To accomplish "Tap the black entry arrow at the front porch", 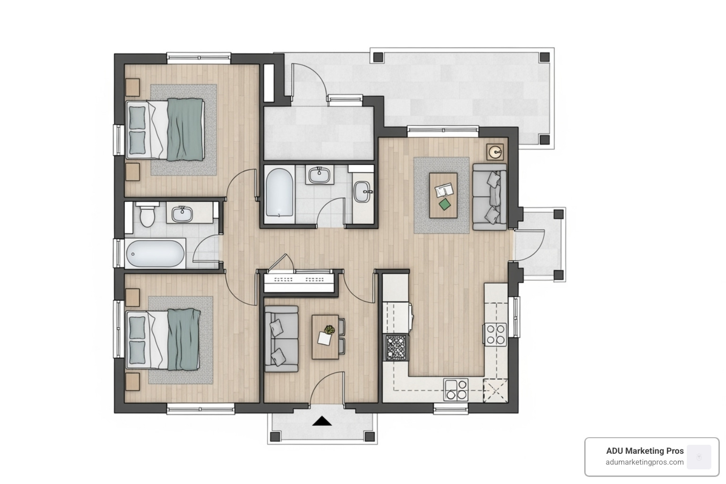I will coord(322,421).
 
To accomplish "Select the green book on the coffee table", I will coord(444,204).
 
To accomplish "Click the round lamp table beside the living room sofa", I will coord(495,152).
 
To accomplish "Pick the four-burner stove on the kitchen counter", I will coord(494,333).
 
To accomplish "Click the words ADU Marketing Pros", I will coord(645,451).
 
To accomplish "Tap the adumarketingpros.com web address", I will coord(645,462).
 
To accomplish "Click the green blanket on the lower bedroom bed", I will coord(183,339).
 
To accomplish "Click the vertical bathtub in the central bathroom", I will coord(279,194).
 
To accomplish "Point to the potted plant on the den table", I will coord(329,330).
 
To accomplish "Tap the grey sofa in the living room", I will coord(490,197).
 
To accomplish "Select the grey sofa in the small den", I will coord(281,338).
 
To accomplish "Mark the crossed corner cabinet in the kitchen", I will coord(495,390).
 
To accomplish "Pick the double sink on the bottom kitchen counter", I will coord(456,390).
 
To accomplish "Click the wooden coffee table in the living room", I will coord(443,195).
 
